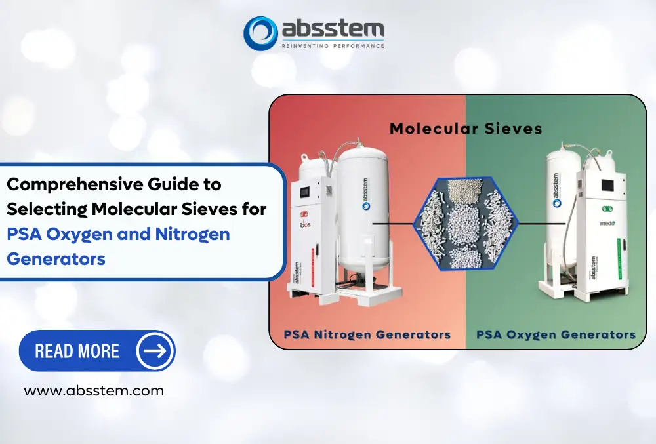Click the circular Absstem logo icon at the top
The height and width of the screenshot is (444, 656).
coord(260,32)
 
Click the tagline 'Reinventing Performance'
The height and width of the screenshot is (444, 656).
coord(332,46)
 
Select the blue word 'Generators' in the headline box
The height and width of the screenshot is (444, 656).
coord(56,258)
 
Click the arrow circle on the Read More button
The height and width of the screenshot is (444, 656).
coord(155,350)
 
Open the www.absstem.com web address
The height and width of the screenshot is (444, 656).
coord(94,391)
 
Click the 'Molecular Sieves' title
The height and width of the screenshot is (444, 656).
coord(466,128)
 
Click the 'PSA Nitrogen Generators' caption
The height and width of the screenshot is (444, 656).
coord(367,334)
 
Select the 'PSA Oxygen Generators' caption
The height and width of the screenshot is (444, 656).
coord(556,334)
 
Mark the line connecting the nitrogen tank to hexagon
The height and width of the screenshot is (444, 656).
coord(392,223)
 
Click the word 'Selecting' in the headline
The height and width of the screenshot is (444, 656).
coord(47,209)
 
